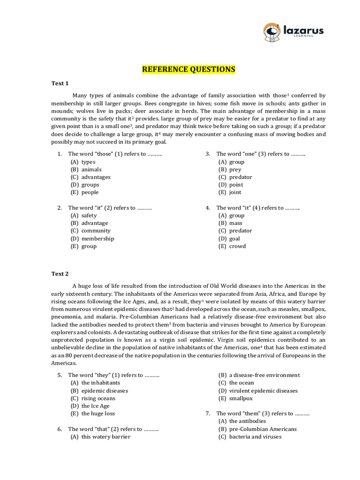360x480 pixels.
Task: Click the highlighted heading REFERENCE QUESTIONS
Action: [x=189, y=70]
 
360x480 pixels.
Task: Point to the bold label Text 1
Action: [x=60, y=83]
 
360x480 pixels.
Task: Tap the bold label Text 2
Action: [x=60, y=274]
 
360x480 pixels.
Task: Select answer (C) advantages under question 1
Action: [x=90, y=177]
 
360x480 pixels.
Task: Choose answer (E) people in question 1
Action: [x=85, y=192]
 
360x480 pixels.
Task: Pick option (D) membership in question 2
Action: [x=92, y=239]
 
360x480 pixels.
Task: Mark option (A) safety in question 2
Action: [x=84, y=216]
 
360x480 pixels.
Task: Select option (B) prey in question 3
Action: [x=230, y=170]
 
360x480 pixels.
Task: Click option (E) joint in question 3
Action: [x=230, y=192]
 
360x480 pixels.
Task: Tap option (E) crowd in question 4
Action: [x=232, y=246]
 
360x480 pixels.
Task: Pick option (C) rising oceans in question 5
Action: [x=93, y=398]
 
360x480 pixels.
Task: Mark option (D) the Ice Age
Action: [x=90, y=406]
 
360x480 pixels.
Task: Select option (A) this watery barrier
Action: [x=100, y=436]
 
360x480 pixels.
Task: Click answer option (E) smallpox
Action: [x=235, y=398]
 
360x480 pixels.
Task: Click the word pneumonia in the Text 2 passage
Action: [x=66, y=317]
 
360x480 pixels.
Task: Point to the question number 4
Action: [x=208, y=208]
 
